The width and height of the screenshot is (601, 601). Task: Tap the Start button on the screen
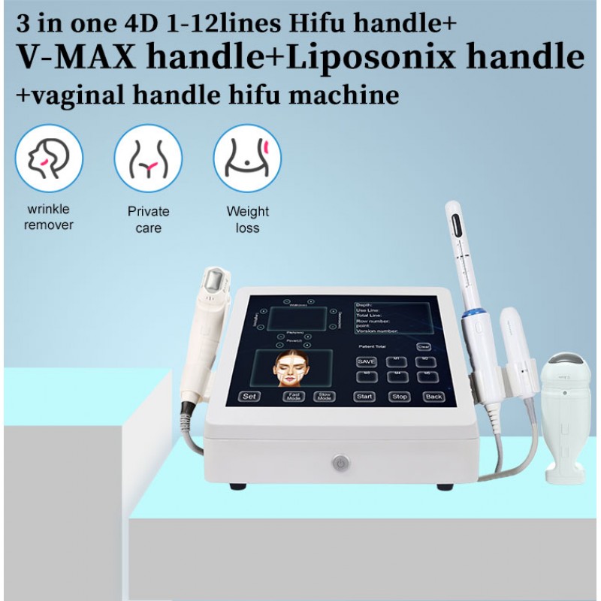(365, 396)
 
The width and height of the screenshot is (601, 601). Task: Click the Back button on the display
(433, 396)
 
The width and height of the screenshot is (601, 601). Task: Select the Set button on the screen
(249, 396)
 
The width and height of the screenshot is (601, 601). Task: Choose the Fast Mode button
(294, 396)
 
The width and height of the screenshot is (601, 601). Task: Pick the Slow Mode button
(325, 396)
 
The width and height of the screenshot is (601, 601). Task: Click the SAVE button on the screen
(367, 361)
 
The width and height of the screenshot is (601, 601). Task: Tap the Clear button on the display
(424, 347)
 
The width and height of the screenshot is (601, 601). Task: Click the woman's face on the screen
(292, 369)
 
